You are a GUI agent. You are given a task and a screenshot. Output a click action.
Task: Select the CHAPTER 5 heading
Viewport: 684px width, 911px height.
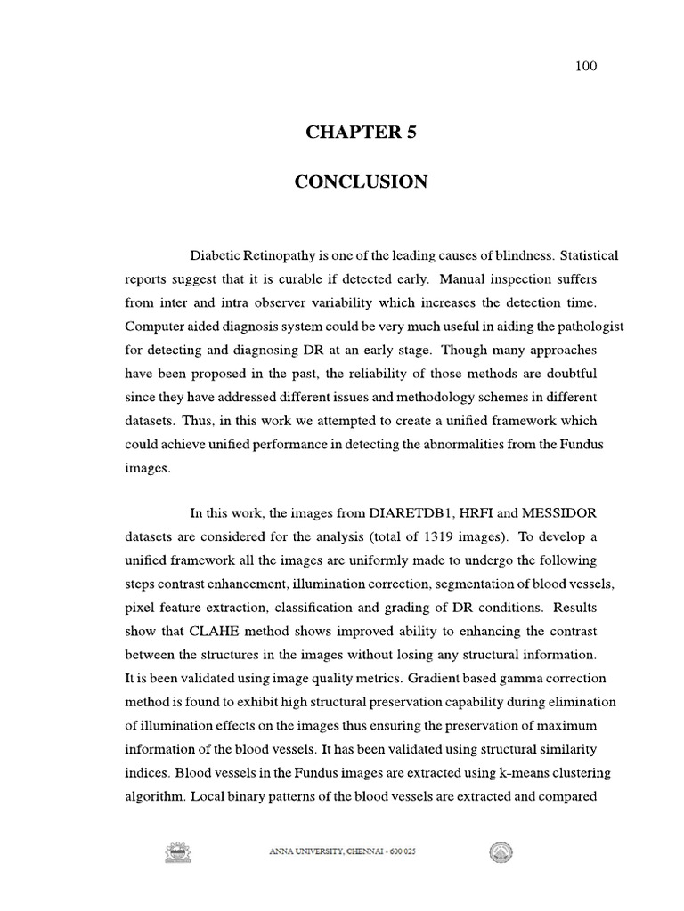coord(361,133)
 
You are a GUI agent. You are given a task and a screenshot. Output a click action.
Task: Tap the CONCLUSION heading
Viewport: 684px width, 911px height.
coord(361,182)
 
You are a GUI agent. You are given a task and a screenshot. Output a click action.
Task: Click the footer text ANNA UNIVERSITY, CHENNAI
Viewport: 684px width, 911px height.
coord(342,851)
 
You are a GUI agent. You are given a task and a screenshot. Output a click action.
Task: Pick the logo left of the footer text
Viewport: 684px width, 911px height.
coord(178,852)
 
